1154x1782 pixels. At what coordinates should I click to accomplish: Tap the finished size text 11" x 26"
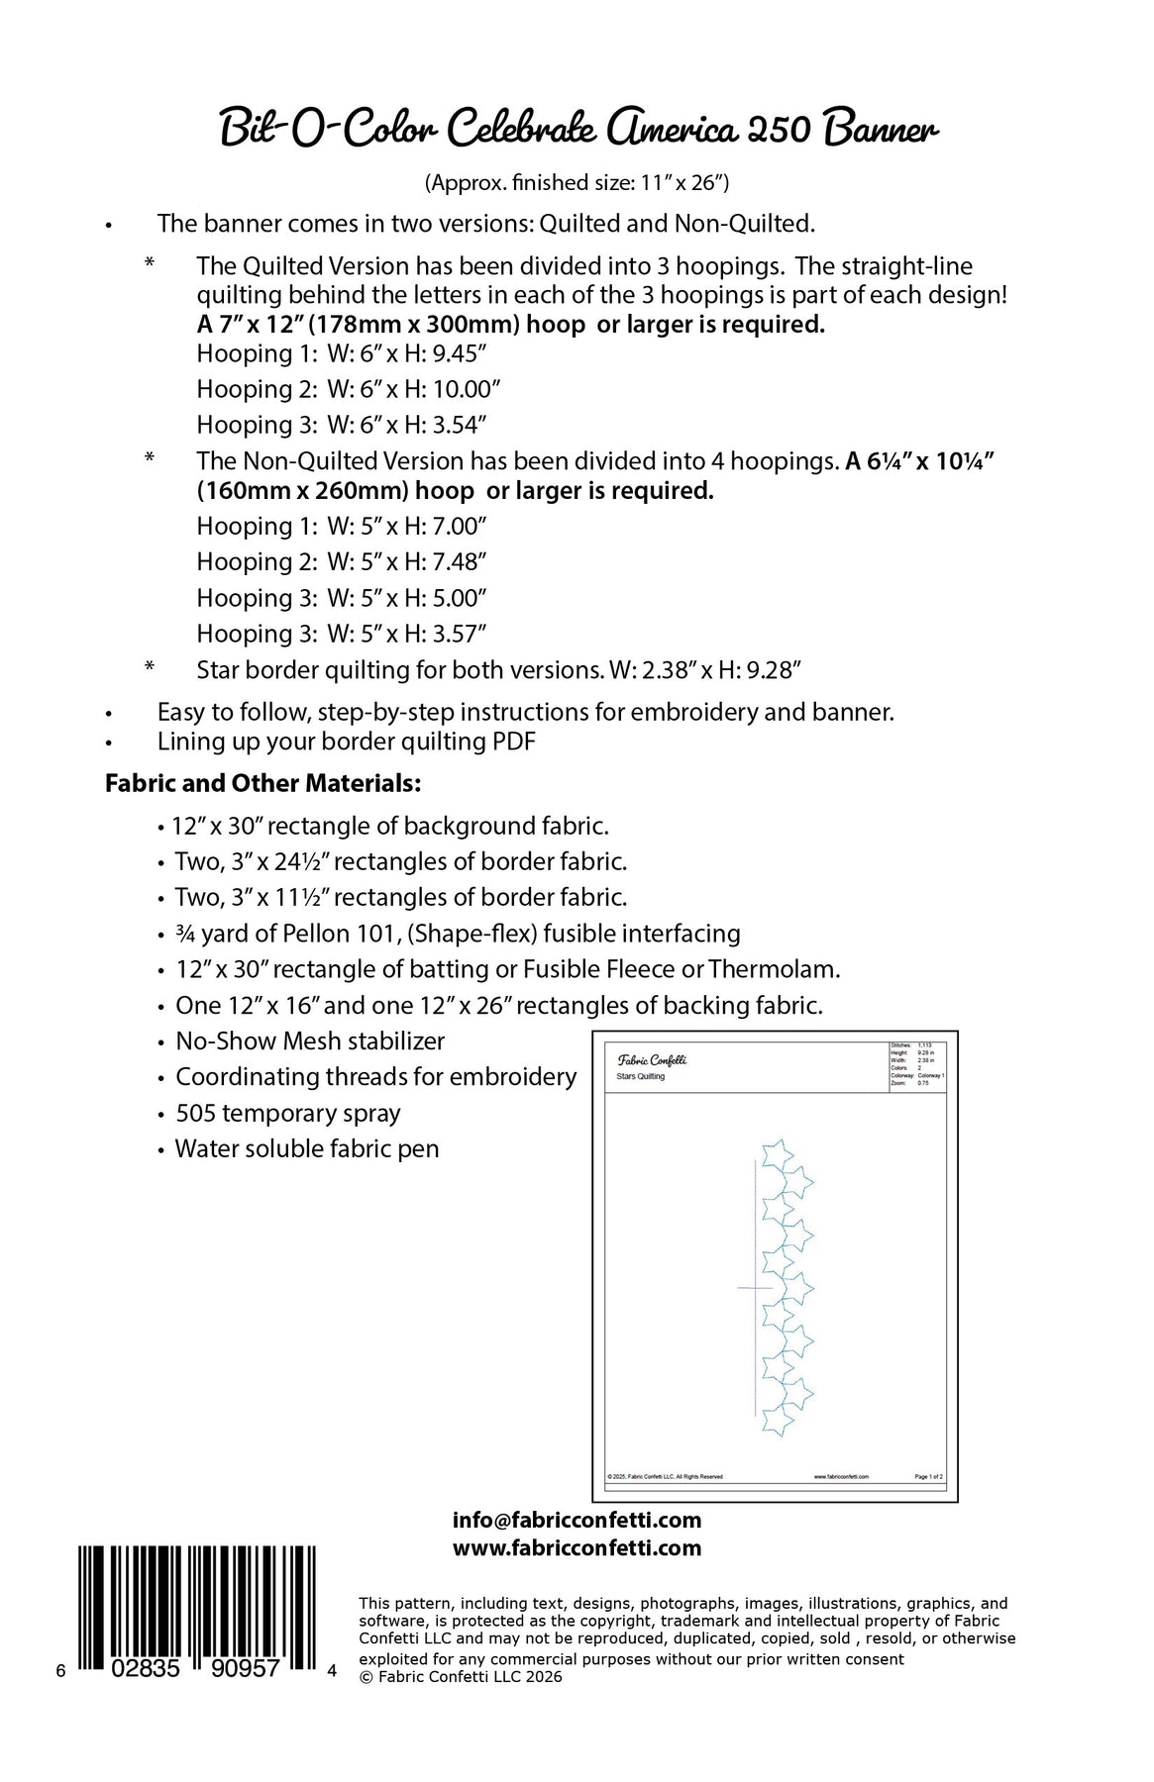click(683, 182)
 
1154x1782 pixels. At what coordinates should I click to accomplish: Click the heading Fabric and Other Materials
click(263, 784)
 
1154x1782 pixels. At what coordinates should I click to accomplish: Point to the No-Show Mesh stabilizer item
click(310, 1041)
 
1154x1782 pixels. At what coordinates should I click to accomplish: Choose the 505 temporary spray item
click(287, 1114)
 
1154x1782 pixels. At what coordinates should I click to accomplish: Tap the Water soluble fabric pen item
click(307, 1149)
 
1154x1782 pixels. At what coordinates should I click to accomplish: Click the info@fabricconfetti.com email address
click(577, 1521)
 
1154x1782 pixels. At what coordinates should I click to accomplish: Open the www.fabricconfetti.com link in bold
click(577, 1548)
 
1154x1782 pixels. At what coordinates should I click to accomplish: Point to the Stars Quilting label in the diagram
click(640, 1076)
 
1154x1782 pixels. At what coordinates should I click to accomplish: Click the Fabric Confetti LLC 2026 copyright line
click(461, 1677)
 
